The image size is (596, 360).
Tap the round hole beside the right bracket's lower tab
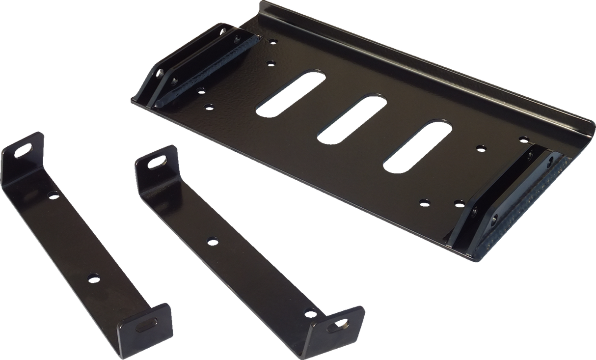(x=309, y=311)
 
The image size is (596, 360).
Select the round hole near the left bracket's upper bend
(x=52, y=195)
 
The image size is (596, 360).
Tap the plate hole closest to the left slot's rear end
(x=270, y=63)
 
